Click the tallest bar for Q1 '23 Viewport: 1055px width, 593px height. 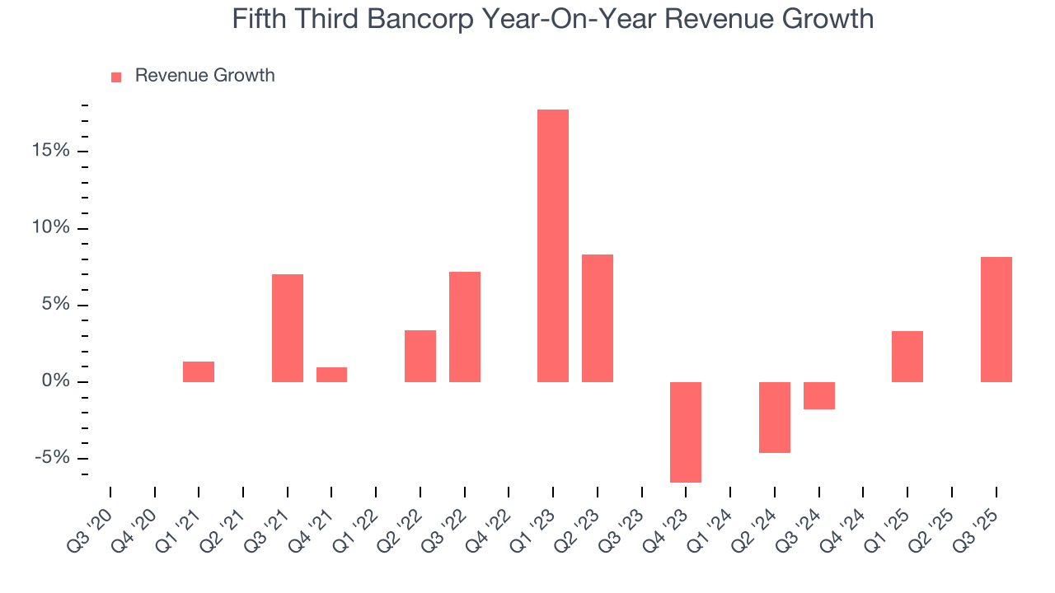click(552, 245)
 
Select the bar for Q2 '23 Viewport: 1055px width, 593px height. click(597, 318)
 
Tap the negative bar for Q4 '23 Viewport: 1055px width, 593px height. click(685, 432)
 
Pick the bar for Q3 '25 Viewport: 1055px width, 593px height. click(996, 320)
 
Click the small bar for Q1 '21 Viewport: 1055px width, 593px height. click(199, 371)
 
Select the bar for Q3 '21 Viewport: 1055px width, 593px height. click(288, 328)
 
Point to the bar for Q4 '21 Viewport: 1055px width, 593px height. click(331, 375)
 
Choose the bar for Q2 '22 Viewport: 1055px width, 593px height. click(420, 356)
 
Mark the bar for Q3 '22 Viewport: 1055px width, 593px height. click(465, 327)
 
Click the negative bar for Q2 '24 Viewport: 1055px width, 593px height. click(774, 417)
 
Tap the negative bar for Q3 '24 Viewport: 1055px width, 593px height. click(818, 395)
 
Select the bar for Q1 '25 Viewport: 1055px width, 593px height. click(907, 357)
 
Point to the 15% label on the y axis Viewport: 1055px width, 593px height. click(50, 152)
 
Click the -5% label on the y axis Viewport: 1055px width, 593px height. click(52, 459)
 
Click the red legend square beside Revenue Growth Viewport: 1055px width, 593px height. click(116, 77)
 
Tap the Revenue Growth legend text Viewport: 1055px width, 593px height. click(204, 76)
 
